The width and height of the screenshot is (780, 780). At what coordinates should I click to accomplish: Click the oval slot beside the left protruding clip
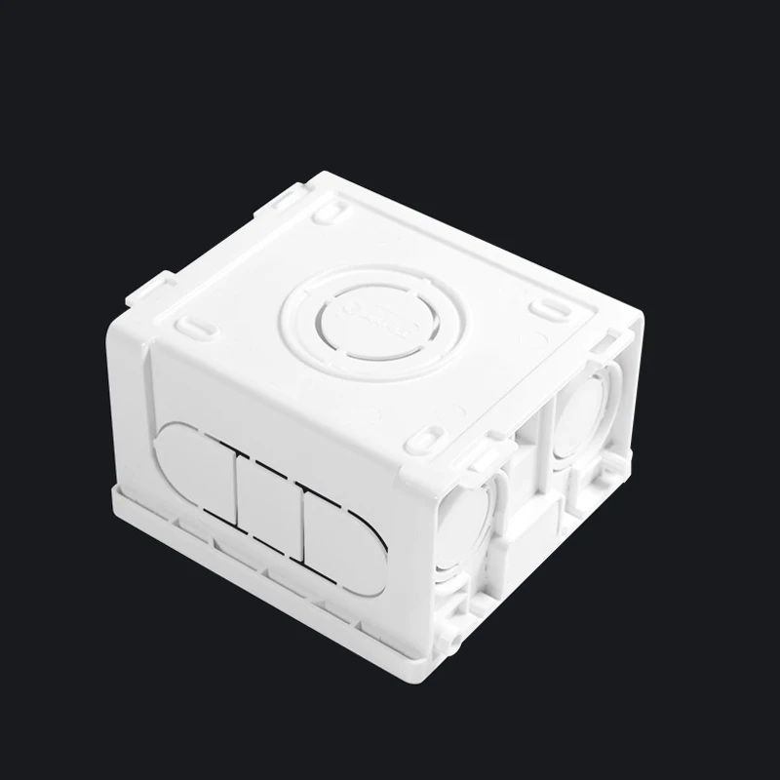point(196,322)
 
